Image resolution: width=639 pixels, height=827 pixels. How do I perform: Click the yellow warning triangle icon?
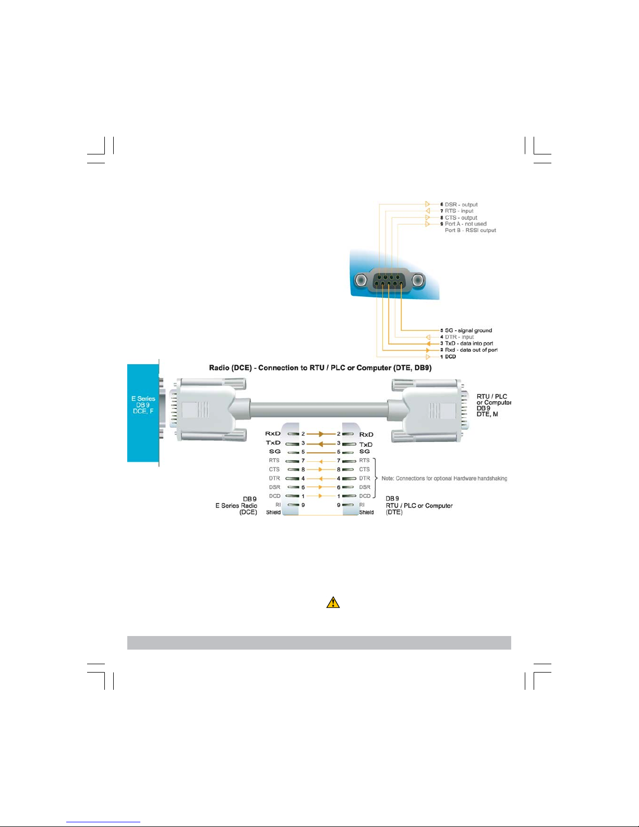(333, 603)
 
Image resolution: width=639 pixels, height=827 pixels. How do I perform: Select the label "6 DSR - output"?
(459, 205)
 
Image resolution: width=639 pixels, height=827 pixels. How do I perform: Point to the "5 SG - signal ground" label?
(466, 330)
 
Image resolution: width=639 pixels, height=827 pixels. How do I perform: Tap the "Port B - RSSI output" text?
(471, 230)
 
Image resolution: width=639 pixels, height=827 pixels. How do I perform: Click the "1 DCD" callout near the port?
(448, 356)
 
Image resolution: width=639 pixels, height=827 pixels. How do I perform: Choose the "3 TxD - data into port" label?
(467, 343)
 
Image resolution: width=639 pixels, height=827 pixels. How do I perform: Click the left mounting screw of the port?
(360, 281)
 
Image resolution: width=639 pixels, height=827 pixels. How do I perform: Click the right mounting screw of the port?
(418, 281)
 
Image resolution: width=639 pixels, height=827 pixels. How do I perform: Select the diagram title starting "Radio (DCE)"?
(320, 368)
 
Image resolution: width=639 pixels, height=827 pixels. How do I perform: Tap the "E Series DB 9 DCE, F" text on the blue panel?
(143, 405)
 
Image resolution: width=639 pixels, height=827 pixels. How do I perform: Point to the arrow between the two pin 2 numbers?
(321, 434)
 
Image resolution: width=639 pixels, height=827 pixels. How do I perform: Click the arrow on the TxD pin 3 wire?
(321, 444)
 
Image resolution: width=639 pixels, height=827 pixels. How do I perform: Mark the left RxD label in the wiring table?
(273, 434)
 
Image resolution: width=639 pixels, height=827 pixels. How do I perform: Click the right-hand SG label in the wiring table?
(365, 451)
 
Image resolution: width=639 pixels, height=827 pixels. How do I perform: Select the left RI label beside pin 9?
(278, 505)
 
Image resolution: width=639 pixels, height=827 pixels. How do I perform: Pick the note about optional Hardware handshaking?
(444, 478)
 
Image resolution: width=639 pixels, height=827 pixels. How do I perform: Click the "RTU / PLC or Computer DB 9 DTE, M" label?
(493, 405)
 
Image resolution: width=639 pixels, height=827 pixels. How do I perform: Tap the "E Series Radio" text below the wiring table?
(236, 506)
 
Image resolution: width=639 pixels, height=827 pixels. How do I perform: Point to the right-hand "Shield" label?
(366, 512)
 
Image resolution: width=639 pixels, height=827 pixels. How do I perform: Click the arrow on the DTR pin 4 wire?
(321, 478)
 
